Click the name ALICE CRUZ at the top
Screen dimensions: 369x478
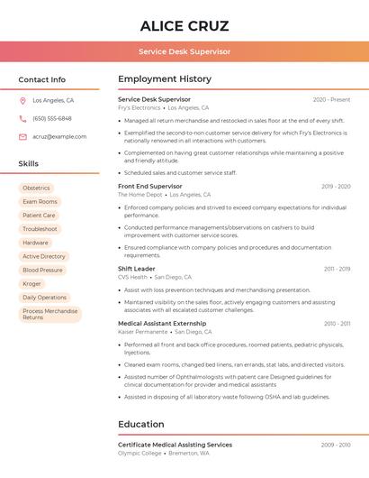184,26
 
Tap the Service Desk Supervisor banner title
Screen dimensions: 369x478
184,51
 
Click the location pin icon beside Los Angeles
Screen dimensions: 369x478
22,101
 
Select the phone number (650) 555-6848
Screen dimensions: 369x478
52,118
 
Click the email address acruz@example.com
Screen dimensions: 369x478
59,136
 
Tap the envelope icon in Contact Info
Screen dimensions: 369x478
22,136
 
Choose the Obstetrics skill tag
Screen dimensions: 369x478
36,188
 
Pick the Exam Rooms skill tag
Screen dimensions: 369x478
40,202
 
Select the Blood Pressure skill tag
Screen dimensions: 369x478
42,270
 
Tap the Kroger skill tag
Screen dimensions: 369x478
31,283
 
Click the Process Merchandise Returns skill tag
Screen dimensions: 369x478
49,314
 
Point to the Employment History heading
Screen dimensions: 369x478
165,79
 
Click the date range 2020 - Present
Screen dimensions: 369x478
331,99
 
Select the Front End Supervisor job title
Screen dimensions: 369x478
150,186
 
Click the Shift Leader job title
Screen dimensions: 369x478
137,269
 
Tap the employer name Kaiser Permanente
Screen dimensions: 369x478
142,332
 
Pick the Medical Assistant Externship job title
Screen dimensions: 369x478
162,323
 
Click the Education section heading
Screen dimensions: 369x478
141,424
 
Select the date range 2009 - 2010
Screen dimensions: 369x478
336,445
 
